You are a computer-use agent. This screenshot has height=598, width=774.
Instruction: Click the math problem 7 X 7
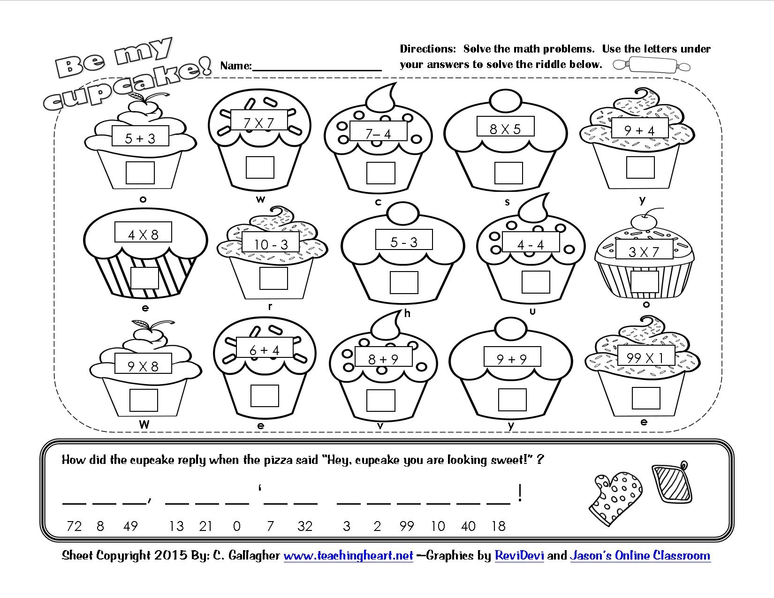click(x=259, y=122)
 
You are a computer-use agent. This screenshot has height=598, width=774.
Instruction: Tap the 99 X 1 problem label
click(x=646, y=358)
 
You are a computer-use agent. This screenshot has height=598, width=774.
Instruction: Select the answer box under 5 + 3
click(x=140, y=173)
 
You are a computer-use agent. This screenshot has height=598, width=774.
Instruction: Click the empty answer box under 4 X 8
click(x=144, y=278)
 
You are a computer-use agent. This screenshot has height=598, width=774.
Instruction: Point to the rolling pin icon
click(x=652, y=65)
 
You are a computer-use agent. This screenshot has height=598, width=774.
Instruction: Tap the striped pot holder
click(x=672, y=483)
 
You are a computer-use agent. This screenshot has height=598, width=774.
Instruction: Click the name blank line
click(x=317, y=68)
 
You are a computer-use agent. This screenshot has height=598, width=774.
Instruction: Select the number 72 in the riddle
click(x=74, y=526)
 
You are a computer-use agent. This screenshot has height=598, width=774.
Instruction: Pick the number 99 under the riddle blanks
click(x=407, y=526)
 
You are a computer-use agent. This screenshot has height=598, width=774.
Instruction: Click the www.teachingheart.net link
click(x=348, y=556)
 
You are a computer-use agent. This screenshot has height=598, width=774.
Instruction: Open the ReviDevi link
click(x=519, y=556)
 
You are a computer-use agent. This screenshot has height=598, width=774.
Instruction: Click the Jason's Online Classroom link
click(x=640, y=556)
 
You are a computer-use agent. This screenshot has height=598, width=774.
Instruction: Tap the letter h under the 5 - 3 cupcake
click(x=407, y=313)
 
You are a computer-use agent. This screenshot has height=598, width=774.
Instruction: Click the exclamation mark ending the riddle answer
click(x=520, y=493)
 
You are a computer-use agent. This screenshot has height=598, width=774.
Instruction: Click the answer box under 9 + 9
click(x=512, y=400)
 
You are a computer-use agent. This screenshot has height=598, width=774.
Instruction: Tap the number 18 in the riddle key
click(x=499, y=526)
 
